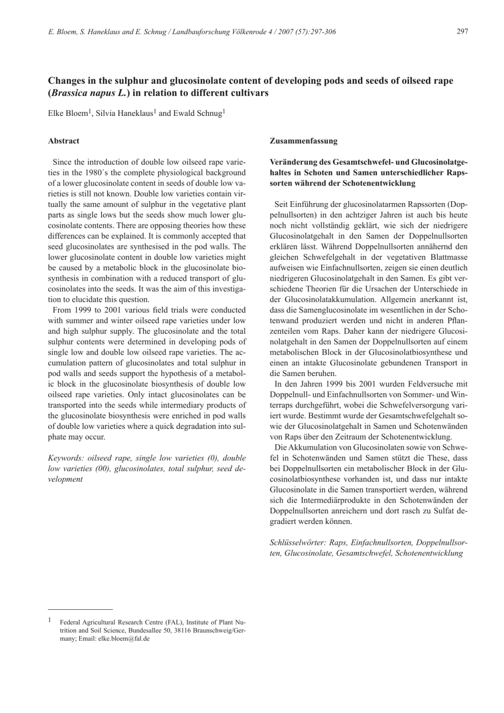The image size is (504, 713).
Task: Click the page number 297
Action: click(462, 32)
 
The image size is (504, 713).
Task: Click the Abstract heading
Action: click(64, 141)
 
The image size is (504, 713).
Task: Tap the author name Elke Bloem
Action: click(68, 113)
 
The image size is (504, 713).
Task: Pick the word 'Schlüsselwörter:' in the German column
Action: click(297, 542)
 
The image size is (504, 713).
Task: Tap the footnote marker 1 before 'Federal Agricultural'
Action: click(50, 620)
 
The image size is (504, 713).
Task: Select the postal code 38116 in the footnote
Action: click(181, 630)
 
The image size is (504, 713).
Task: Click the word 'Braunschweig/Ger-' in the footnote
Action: click(220, 630)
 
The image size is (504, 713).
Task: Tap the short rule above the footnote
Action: click(80, 608)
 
